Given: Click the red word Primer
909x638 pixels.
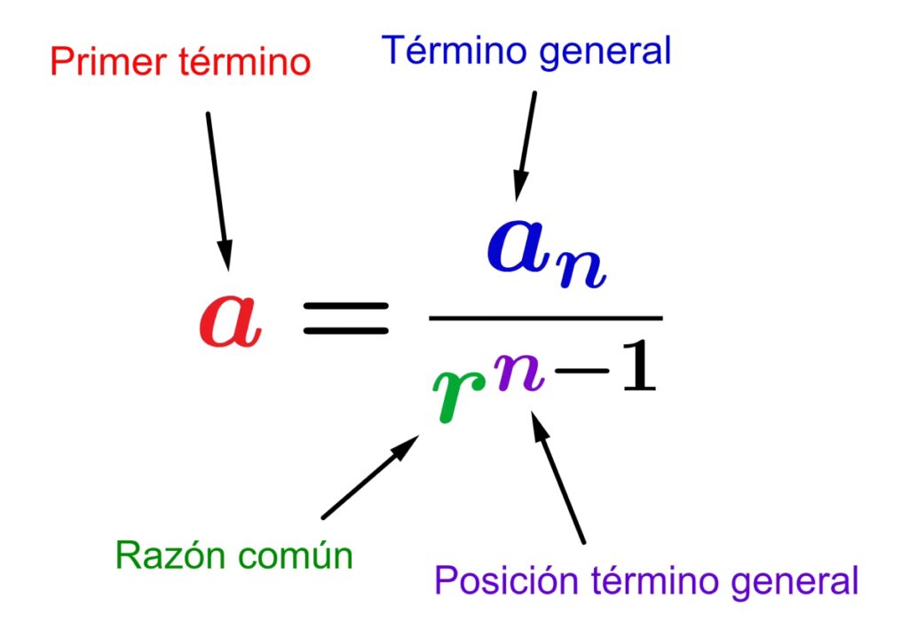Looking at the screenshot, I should pos(96,63).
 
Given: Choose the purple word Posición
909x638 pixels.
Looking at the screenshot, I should pos(509,582).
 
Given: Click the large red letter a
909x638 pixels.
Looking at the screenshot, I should pos(230,323).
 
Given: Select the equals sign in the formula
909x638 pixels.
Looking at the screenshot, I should pos(346,318).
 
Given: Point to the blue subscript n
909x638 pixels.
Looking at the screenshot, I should pos(582,269).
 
